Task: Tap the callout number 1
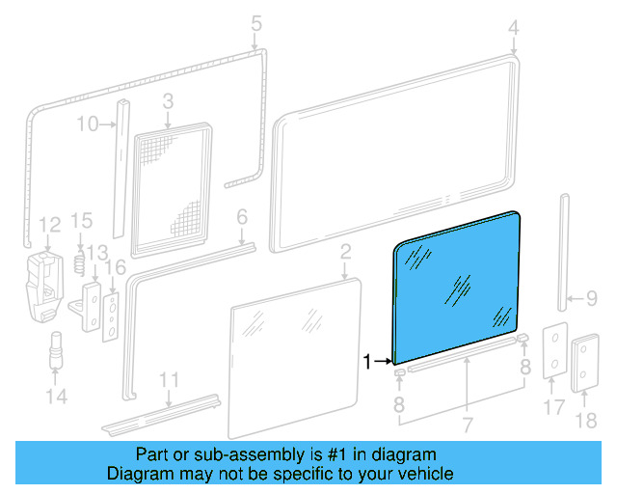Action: click(367, 362)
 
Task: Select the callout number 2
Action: click(344, 253)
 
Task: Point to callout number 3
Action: click(167, 100)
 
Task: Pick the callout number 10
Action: click(87, 123)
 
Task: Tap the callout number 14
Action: click(57, 396)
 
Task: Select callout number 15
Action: click(81, 222)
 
